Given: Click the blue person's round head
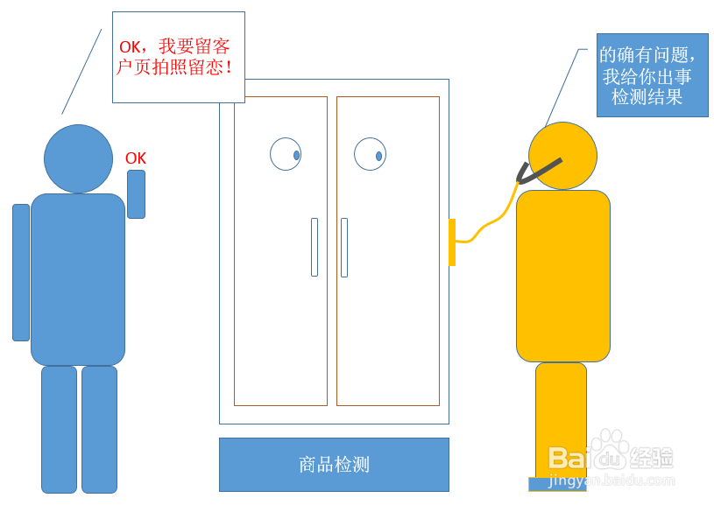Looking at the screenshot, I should click(x=78, y=158).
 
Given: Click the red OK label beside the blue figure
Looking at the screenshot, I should click(x=136, y=158).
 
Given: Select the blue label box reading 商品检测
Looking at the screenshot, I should click(x=334, y=465).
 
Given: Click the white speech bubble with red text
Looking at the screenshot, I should click(x=179, y=57).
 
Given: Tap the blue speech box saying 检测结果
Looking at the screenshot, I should click(x=652, y=75).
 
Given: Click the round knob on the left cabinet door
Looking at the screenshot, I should click(x=286, y=154).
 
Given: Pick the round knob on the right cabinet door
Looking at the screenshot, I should click(x=370, y=154).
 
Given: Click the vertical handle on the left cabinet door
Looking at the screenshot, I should click(x=315, y=248).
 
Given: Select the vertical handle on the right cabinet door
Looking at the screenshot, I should click(x=344, y=248).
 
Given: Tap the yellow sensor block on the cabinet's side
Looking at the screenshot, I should click(x=452, y=242).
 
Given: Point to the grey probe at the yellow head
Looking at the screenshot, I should click(x=539, y=170).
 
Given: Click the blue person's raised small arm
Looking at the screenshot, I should click(x=136, y=194).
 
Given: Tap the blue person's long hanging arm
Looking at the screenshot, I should click(x=21, y=272).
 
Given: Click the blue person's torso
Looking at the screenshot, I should click(x=78, y=279).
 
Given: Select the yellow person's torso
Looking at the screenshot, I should click(x=562, y=276).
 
